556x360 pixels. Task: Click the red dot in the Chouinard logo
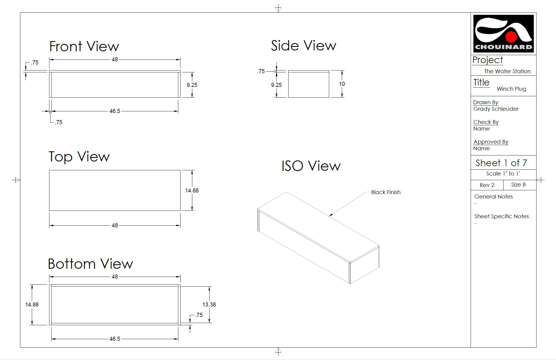511,37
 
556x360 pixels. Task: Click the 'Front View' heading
84,46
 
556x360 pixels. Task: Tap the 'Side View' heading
303,46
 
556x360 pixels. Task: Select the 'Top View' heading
79,157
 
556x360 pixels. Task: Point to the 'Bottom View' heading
90,264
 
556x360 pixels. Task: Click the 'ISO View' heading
311,166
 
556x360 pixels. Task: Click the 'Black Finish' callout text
386,192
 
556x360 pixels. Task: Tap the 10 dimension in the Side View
342,84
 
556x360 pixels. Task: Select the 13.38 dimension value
209,305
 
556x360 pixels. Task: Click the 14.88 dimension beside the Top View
192,191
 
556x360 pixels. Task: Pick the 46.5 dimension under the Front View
115,111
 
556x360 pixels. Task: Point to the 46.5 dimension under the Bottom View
115,339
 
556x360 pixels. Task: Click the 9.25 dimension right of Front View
192,85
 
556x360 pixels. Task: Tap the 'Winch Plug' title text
511,89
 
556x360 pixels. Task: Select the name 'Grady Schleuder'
496,109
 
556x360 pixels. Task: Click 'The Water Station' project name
507,71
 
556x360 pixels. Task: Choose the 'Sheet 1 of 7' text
501,163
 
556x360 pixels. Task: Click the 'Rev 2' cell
487,185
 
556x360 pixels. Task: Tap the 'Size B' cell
518,185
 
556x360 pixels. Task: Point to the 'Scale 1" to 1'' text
503,174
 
